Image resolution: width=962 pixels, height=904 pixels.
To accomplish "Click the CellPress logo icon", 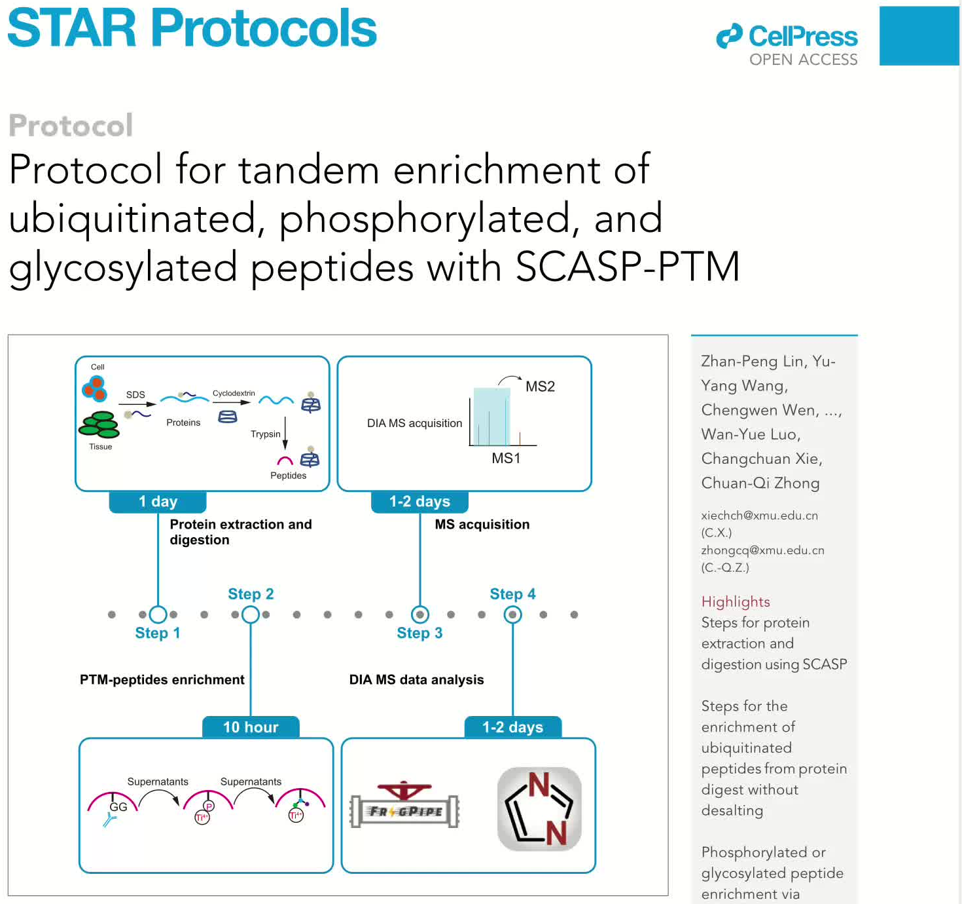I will point(729,36).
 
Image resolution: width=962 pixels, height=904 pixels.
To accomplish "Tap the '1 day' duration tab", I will point(158,502).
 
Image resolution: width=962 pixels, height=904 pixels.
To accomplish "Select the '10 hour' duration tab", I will point(251,727).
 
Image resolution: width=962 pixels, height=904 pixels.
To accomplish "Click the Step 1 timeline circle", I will point(158,614).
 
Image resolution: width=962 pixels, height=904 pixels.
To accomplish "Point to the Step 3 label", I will point(419,633).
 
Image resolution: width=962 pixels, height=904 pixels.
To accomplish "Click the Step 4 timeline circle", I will point(512,614).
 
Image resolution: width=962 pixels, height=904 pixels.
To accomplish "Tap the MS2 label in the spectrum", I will point(540,386).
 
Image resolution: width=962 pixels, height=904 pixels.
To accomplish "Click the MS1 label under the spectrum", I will point(506,459).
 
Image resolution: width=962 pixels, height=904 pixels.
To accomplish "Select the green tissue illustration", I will point(99,424).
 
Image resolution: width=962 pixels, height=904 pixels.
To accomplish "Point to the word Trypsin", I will point(265,434).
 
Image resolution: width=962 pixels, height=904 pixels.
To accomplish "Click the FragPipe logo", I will point(404,806).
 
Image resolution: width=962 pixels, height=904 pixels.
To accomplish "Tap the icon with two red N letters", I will point(539,809).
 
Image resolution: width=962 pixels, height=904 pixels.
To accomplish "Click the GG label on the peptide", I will point(118,807).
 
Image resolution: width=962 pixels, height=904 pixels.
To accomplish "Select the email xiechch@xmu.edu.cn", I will point(759,516).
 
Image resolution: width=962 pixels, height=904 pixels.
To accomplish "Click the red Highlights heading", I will point(736,602).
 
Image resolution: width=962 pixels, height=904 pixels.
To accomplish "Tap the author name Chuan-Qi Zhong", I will point(760,483).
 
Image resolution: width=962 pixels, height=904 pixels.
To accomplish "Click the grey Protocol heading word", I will point(71,125).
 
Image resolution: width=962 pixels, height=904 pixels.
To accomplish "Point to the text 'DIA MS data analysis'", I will point(416,680).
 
